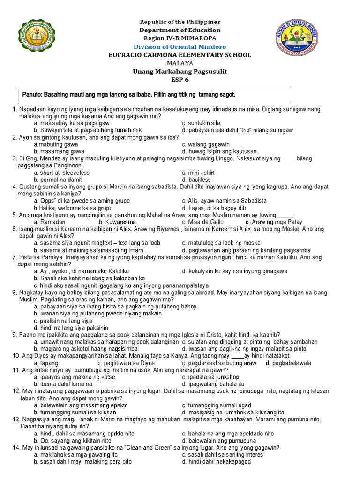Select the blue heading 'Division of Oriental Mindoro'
[180, 47]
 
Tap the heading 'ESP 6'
[180, 79]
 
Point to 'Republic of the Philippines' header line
[180, 22]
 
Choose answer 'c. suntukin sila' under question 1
[201, 123]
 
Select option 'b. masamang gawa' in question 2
[59, 151]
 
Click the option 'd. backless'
[196, 180]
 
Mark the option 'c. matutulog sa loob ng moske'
[221, 243]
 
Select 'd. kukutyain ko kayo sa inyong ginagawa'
[234, 271]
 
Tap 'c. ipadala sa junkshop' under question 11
[210, 377]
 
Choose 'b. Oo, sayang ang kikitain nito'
[73, 441]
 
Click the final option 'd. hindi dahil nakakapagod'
[217, 462]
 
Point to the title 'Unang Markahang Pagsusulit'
[180, 71]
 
